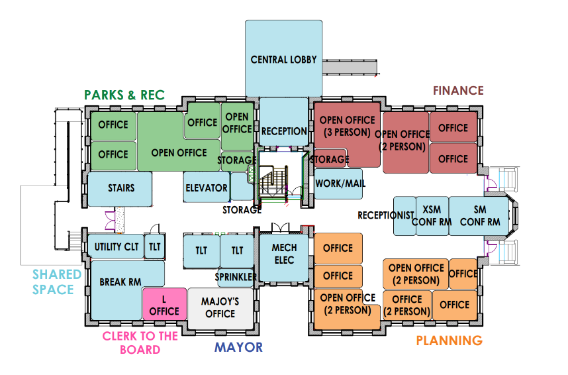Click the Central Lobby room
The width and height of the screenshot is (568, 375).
pos(283,59)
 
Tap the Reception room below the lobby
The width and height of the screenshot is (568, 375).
pos(283,122)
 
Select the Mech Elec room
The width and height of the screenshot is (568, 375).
pos(285,258)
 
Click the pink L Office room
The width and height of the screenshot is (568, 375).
pos(164,304)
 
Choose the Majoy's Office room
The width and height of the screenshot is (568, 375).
pos(220,308)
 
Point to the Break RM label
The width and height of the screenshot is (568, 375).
pos(120,282)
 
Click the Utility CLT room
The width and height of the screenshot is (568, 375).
pos(116,246)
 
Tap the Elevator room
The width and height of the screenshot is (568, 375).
pos(207,187)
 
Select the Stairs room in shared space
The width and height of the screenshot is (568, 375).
pos(120,189)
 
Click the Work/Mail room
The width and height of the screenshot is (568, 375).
pos(338,184)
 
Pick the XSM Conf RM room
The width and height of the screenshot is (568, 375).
pos(432,216)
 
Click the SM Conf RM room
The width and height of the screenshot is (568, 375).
pos(479,216)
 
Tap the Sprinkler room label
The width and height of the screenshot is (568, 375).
pos(236,277)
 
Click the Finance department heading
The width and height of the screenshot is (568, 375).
pos(458,90)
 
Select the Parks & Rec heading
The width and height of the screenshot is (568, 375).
pos(124,95)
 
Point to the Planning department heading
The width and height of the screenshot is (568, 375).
pos(450,341)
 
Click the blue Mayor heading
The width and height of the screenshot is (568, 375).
pos(238,347)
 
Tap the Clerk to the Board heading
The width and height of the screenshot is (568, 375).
pos(140,343)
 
